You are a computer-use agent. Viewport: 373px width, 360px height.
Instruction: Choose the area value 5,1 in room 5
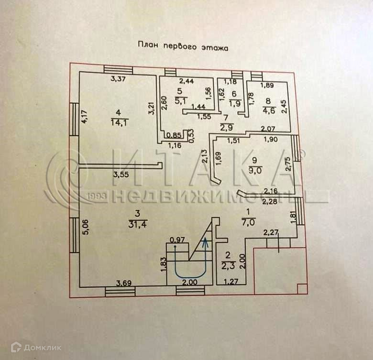point(179,100)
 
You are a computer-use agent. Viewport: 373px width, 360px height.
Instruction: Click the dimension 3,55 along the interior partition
point(122,175)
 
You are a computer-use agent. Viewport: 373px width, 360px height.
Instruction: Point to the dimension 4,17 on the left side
point(85,118)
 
